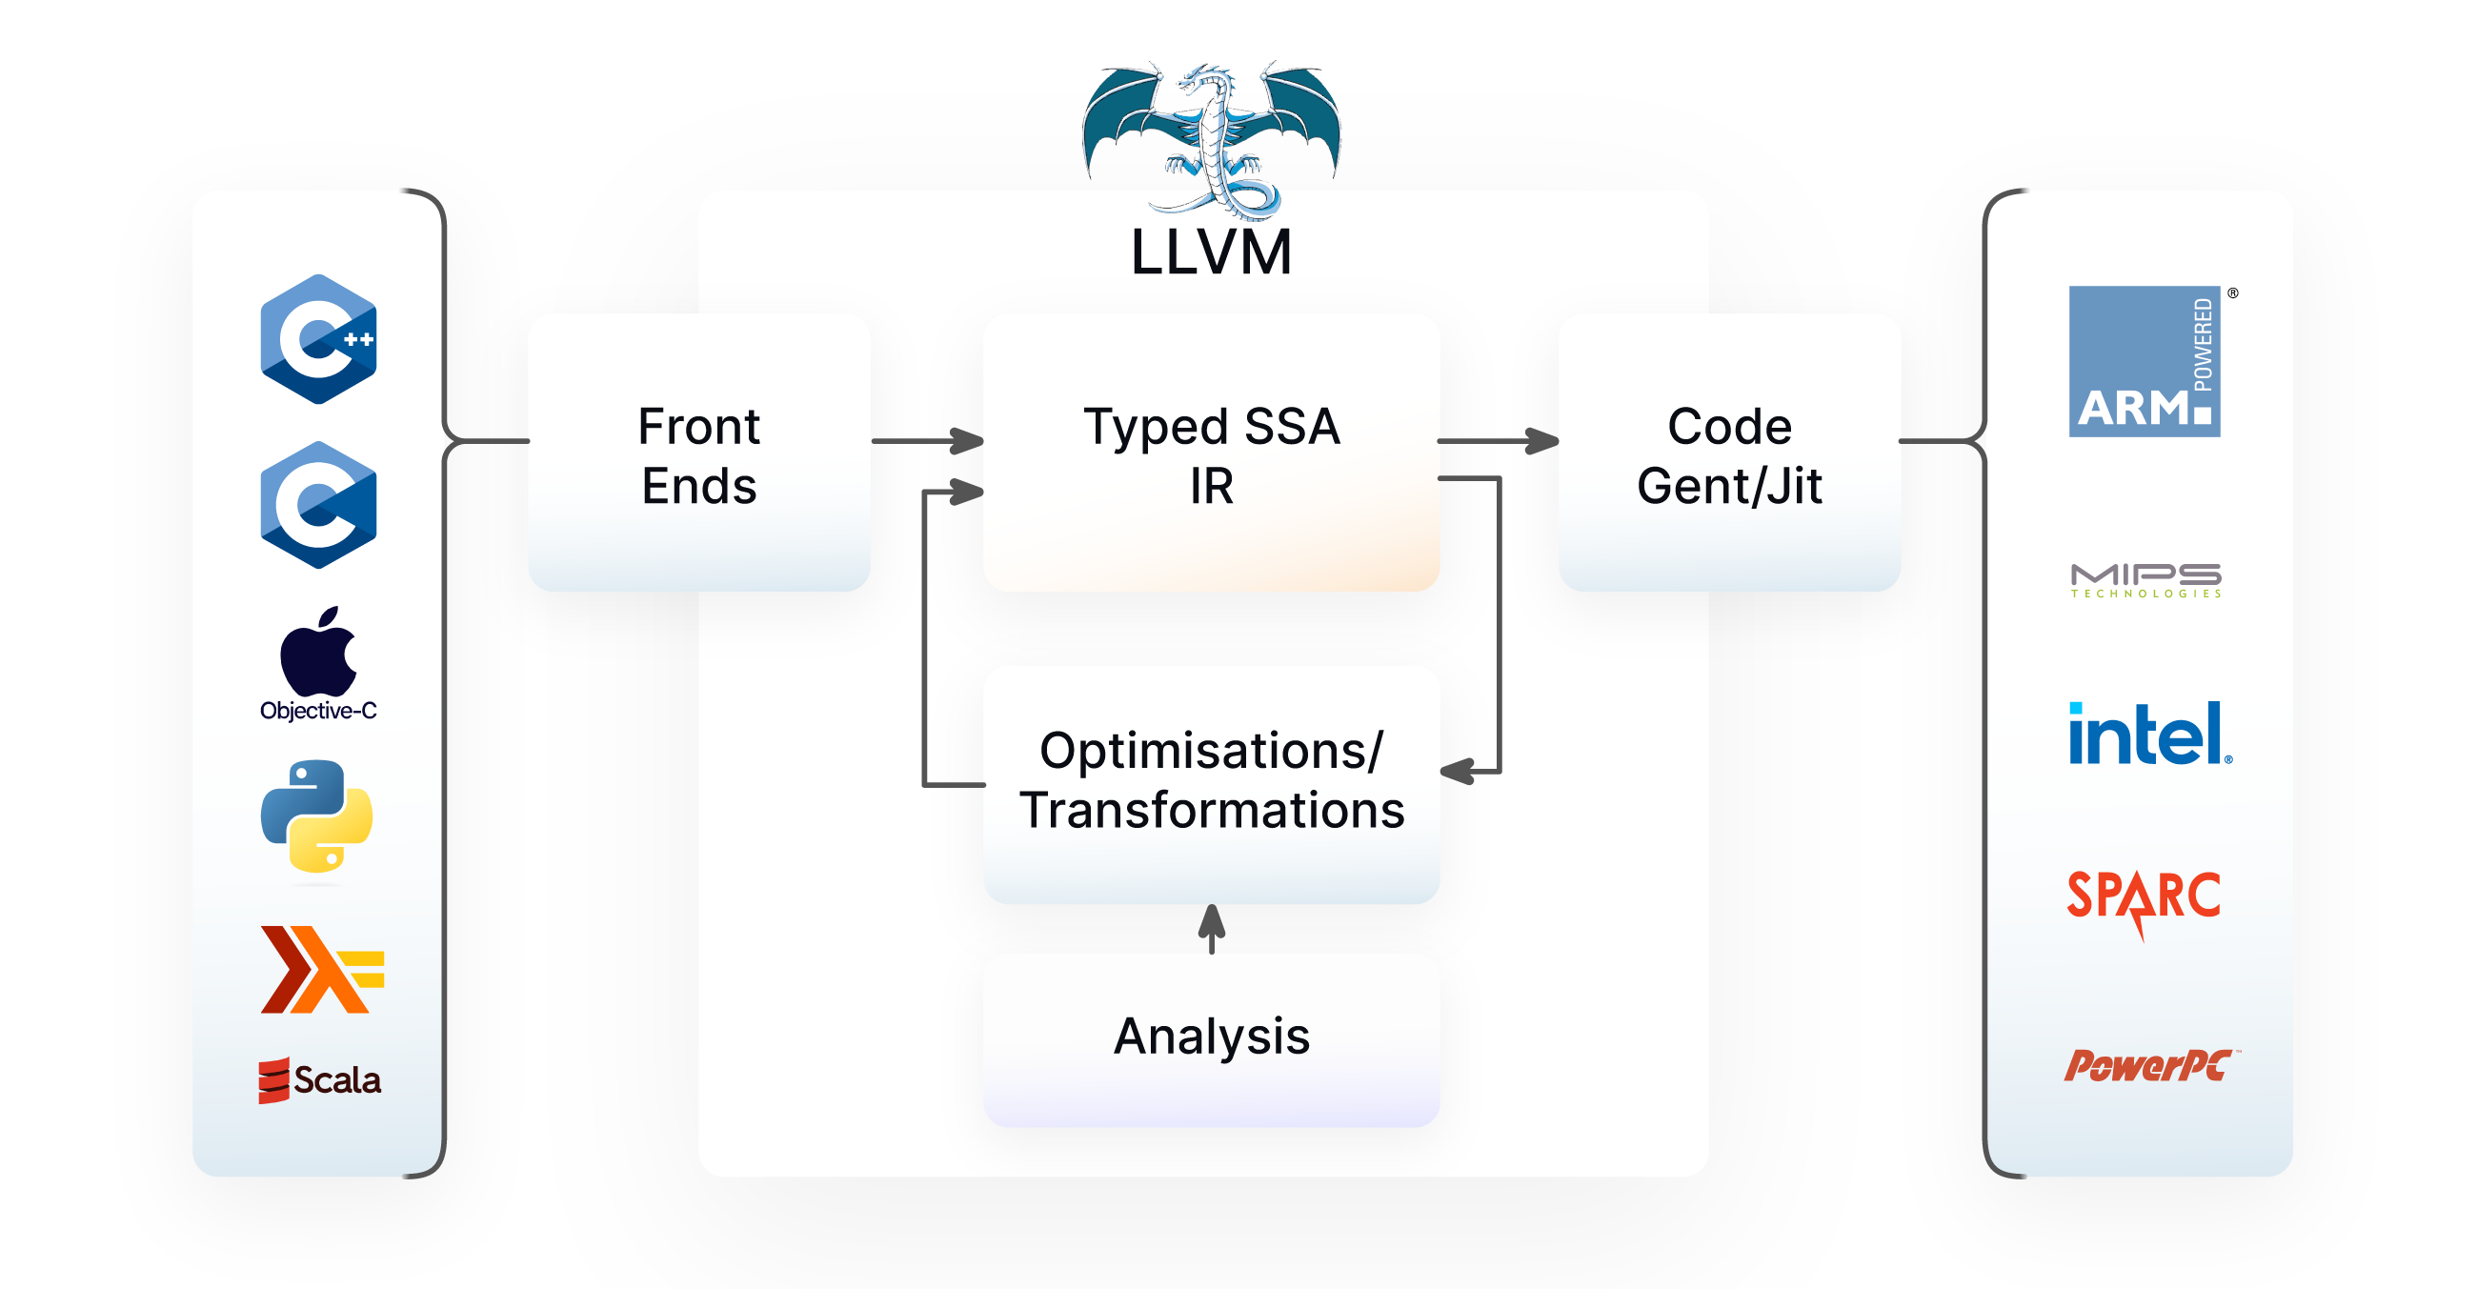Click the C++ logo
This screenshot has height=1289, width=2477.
pyautogui.click(x=318, y=338)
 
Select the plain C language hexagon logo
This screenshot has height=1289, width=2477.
pyautogui.click(x=318, y=505)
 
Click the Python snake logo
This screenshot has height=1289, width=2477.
pyautogui.click(x=317, y=817)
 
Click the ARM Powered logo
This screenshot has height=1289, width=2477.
pyautogui.click(x=2145, y=361)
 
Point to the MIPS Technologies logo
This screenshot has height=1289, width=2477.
pyautogui.click(x=2145, y=580)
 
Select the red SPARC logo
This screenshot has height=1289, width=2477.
pyautogui.click(x=2144, y=898)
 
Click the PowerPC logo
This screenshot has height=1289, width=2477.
pyautogui.click(x=2148, y=1065)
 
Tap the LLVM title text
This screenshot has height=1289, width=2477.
pyautogui.click(x=1211, y=252)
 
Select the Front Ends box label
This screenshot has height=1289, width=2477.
pyautogui.click(x=699, y=455)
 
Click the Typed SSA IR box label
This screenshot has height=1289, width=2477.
pyautogui.click(x=1211, y=455)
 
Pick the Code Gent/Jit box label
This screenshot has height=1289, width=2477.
pyautogui.click(x=1729, y=455)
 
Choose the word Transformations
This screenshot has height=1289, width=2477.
pyautogui.click(x=1212, y=810)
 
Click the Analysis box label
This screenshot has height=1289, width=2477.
pyautogui.click(x=1212, y=1037)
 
